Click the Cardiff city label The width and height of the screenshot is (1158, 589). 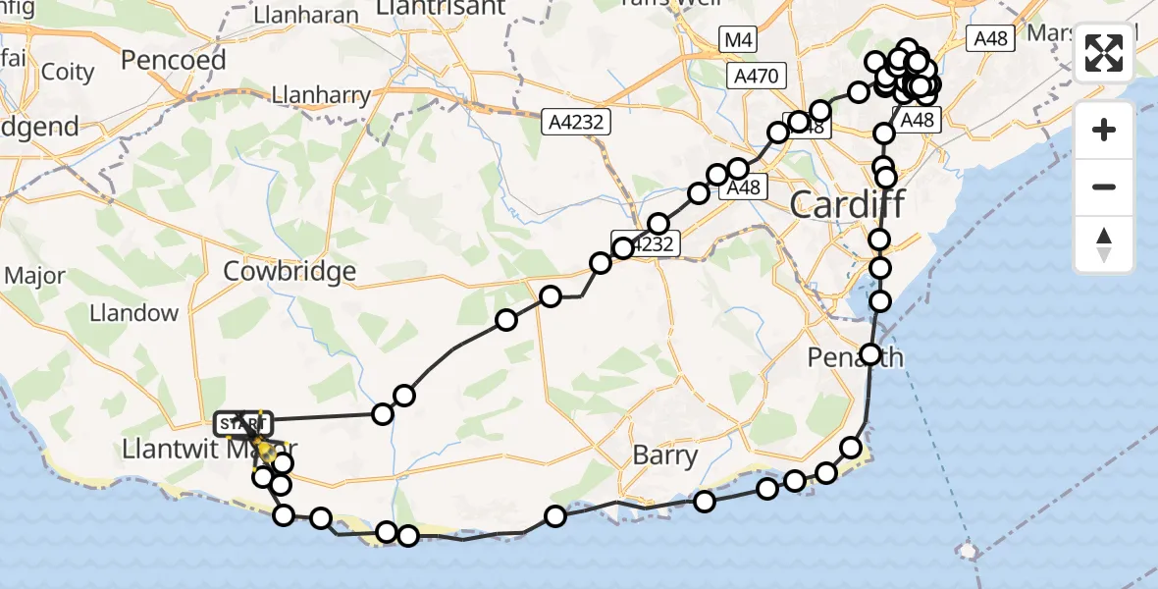pos(847,206)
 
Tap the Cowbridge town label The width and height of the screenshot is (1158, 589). pos(289,271)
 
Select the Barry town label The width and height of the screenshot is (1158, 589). pos(665,455)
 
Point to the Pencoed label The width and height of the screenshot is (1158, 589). pos(173,60)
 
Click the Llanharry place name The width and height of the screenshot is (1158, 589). pos(322,95)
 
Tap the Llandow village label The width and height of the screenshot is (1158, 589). pos(133,313)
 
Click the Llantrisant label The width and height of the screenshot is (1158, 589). pos(442,8)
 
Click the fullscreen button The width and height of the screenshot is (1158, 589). pos(1104,53)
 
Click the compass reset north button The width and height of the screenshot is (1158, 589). pos(1104,244)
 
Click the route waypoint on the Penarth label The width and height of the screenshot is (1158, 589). pos(870,354)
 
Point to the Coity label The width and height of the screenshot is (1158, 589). pos(68,72)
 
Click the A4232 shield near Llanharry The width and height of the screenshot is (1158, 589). pos(579,122)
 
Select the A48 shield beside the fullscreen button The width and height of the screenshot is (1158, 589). pos(988,38)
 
